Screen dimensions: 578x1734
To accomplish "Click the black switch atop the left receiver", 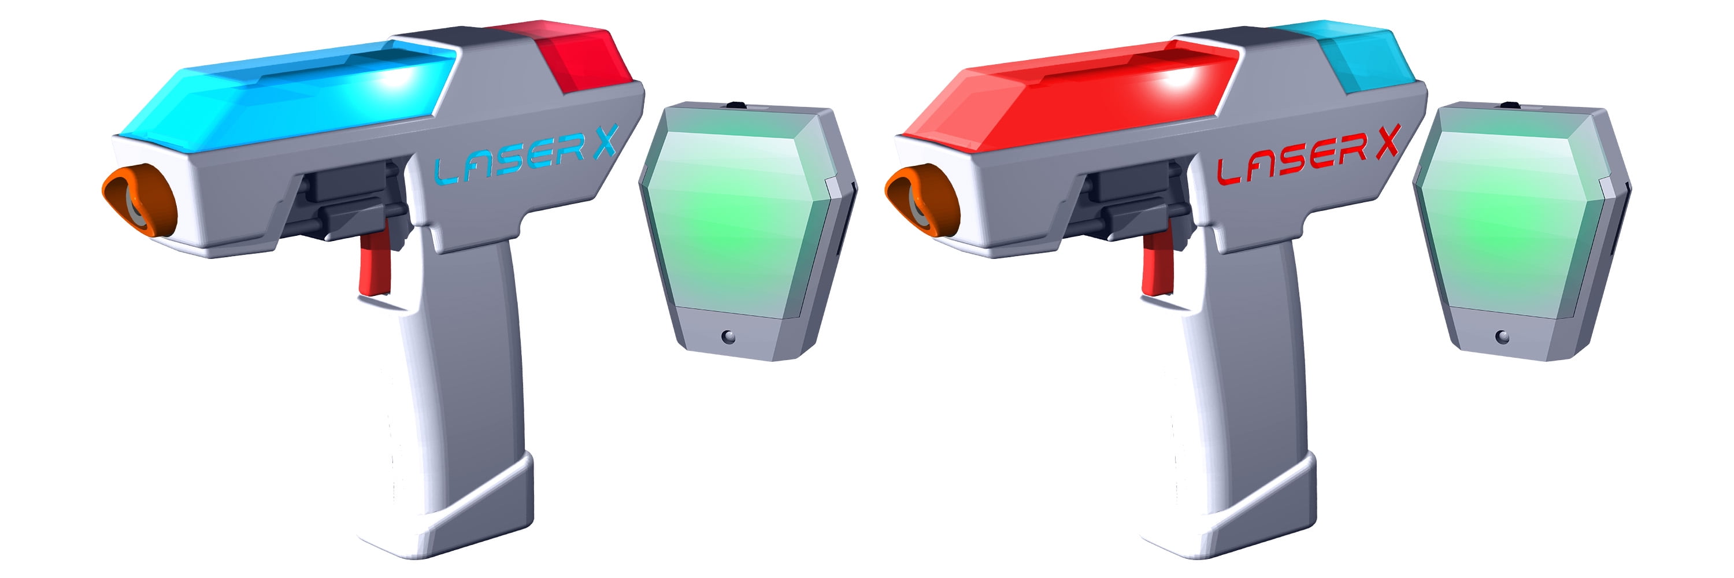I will (737, 104).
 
